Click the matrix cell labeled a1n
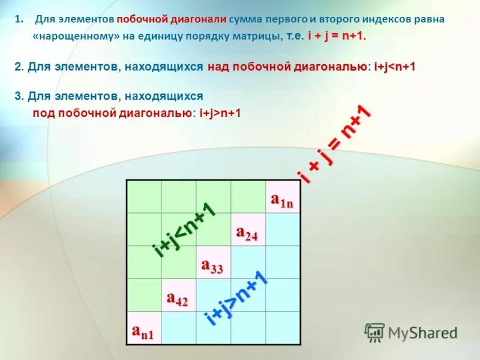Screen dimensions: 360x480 282,197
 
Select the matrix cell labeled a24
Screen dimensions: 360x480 247,230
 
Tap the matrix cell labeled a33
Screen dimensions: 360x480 212,263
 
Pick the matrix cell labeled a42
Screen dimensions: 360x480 178,296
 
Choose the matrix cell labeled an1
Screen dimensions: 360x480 143,328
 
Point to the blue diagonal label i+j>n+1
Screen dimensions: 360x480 235,299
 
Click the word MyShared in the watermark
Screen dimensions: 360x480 422,332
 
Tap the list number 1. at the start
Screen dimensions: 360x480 19,19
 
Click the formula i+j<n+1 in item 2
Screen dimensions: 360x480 394,67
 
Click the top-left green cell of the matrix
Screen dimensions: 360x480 144,197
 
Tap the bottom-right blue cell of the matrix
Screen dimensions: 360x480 282,328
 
